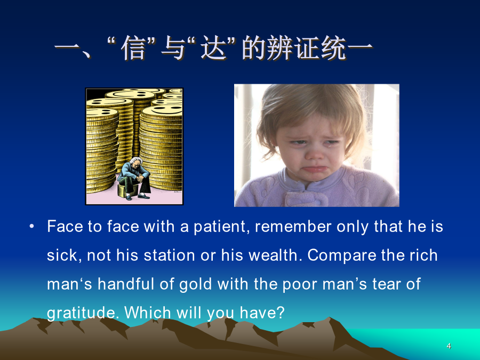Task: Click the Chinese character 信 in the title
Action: coord(133,48)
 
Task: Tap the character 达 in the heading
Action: coord(214,48)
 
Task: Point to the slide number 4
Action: coord(449,346)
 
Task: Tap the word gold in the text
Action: coord(195,284)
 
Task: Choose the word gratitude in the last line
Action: coord(83,313)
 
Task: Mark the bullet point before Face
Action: coord(31,227)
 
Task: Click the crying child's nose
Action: coord(314,153)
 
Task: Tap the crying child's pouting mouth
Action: coord(313,169)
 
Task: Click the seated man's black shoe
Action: coord(144,196)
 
